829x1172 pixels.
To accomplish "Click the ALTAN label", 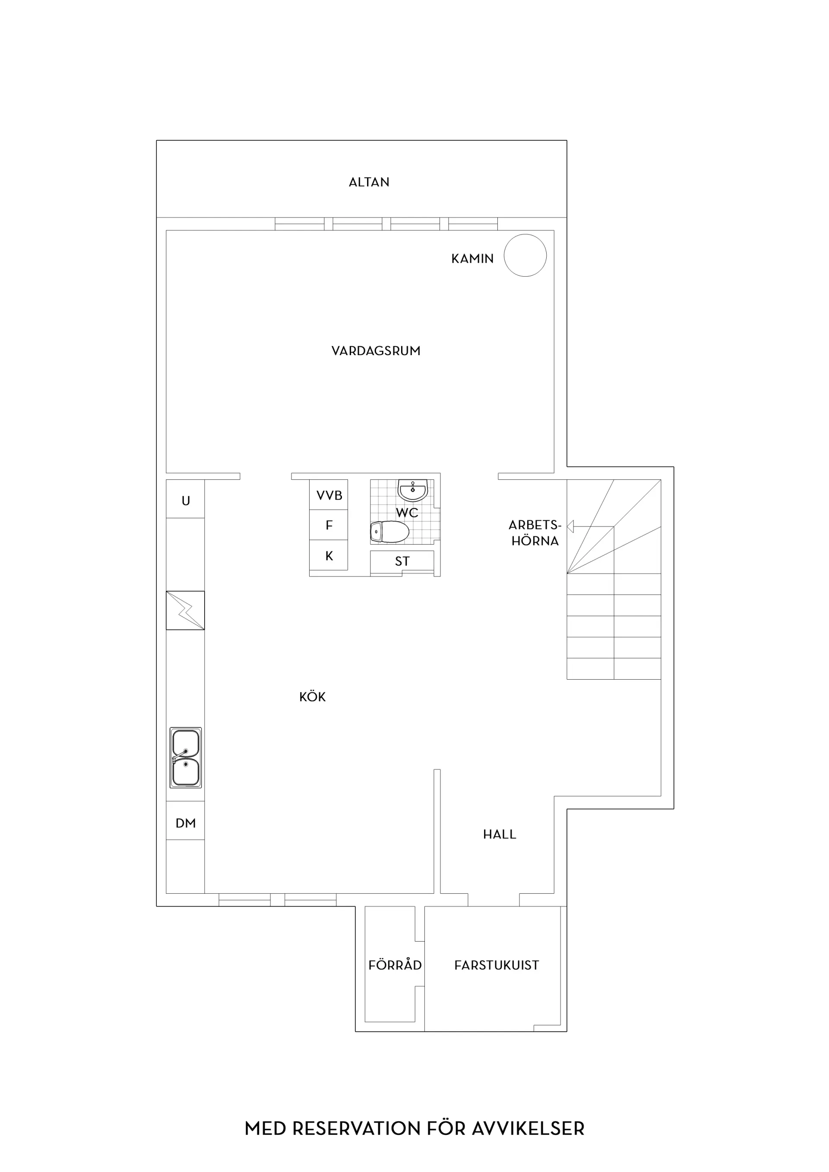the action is coord(369,182).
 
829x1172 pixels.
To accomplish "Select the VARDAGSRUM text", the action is coord(376,351).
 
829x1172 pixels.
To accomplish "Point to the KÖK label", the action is coord(312,696).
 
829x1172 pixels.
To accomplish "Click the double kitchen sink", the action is coord(185,757).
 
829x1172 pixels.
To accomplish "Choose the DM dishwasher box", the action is coord(185,822).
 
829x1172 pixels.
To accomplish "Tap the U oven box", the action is coord(185,499).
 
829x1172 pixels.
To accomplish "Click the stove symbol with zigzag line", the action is coord(185,610).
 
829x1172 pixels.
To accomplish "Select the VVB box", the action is coord(329,495).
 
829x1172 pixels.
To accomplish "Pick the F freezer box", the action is coord(329,525).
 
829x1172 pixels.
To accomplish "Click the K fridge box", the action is coord(329,555).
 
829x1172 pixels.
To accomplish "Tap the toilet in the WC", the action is coord(390,532).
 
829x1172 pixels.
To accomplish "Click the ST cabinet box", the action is coord(402,561).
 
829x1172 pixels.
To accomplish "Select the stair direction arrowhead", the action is coord(570,526).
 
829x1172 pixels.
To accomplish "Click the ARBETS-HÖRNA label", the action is coord(535,533).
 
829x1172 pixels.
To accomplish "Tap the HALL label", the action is coord(500,834).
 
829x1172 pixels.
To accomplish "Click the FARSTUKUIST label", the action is coord(497,965).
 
